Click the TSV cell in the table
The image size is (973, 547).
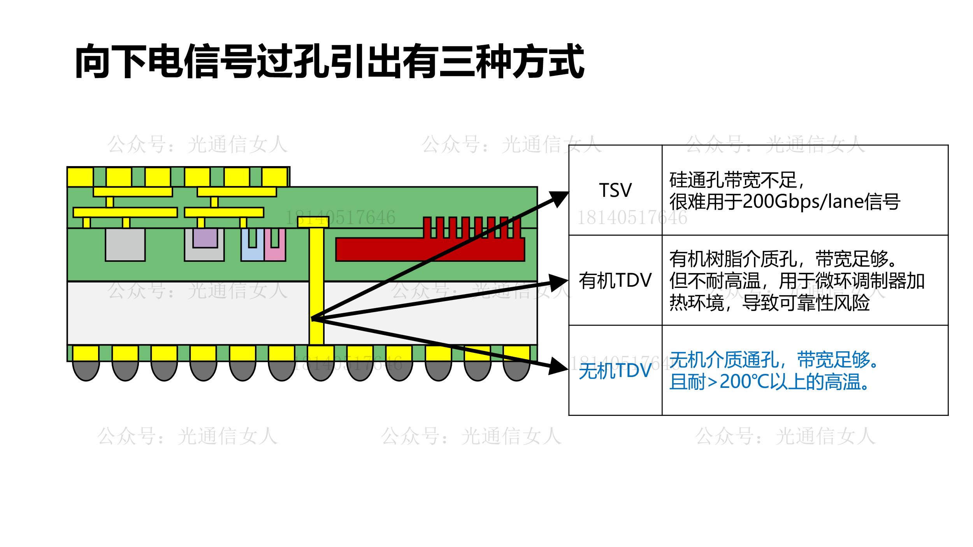tap(615, 190)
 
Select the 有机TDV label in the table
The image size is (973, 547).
tap(615, 281)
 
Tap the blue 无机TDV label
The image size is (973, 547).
tap(615, 370)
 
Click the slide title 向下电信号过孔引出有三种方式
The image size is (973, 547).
tap(329, 61)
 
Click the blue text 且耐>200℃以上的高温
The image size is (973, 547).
tap(769, 382)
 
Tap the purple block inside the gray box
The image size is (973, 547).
tap(205, 238)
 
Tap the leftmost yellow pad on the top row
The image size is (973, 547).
tap(80, 177)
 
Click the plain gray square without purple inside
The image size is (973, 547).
tap(125, 244)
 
